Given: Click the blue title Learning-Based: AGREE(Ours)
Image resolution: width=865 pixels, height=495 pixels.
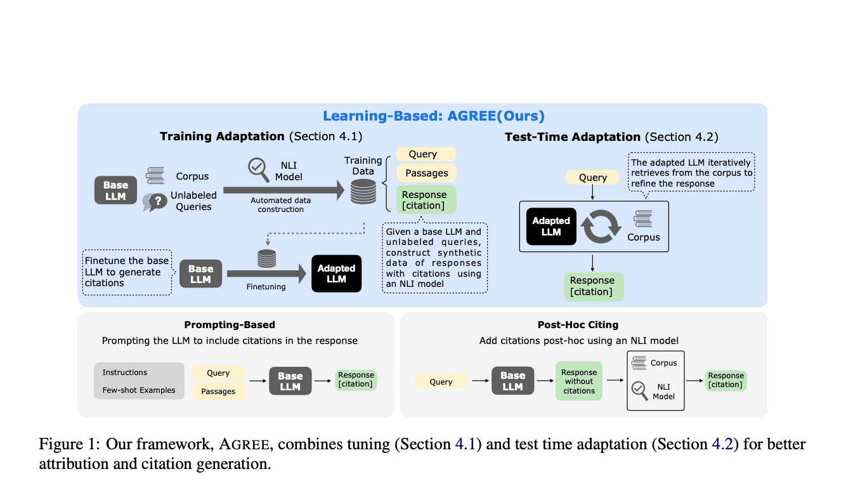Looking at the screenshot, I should (433, 116).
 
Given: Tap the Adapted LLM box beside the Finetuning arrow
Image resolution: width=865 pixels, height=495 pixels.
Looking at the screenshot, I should (336, 274).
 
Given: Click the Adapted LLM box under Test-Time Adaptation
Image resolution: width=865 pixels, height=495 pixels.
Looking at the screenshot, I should (551, 227).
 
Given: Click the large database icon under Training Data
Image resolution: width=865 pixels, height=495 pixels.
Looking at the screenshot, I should (363, 190).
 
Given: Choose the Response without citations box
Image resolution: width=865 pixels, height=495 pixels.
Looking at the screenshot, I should (578, 381).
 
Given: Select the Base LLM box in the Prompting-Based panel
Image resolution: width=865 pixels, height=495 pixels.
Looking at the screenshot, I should (290, 381).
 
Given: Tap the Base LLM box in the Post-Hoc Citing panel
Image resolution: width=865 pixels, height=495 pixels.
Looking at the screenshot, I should (512, 381).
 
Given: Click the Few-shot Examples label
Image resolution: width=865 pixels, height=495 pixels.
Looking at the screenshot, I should (139, 390).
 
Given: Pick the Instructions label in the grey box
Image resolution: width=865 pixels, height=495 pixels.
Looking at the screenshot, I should (125, 373).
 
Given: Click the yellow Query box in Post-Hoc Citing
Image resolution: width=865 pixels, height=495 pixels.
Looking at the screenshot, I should (441, 381).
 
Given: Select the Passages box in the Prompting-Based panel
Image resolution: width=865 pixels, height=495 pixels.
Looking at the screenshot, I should (218, 392).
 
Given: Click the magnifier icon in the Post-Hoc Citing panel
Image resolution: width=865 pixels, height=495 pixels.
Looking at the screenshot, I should (639, 389).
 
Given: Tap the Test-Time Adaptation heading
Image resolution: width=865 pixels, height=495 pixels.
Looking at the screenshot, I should (572, 137).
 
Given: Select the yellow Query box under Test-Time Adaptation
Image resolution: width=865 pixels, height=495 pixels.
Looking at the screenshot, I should (593, 178).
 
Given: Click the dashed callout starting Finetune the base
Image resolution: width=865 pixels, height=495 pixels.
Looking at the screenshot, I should (127, 272).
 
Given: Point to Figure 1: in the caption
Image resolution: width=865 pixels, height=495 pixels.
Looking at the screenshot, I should (68, 444).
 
